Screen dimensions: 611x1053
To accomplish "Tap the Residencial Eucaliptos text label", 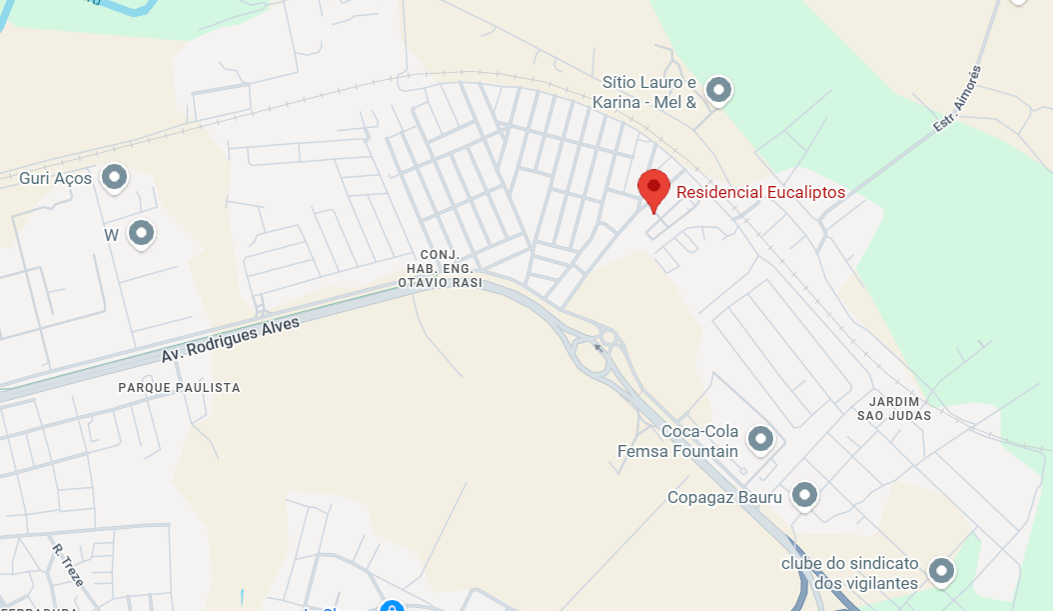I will point(760,192).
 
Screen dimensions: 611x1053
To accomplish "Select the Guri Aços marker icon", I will point(116,178).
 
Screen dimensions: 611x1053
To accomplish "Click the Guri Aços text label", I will point(56,179).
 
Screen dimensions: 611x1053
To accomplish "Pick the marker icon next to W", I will point(142,234).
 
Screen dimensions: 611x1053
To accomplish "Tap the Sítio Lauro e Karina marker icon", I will point(718,91).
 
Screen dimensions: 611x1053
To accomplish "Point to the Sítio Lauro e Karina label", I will point(644,91).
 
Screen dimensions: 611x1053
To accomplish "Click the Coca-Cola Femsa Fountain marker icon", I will point(761,439).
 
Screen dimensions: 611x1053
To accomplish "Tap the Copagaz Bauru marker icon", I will point(804,495).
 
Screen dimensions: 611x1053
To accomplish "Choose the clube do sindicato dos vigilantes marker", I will point(941,571).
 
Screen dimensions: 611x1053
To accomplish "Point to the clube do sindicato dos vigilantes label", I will point(849,573).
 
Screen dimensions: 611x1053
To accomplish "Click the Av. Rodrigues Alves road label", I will point(230,340).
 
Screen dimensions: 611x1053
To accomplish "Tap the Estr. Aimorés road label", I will point(957,99).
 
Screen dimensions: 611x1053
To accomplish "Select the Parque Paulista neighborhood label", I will point(179,387).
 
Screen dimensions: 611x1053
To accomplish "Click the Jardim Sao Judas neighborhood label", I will point(894,408).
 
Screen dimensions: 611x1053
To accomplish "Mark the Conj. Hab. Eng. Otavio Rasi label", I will point(440,269).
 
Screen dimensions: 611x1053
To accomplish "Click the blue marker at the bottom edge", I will point(394,605).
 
